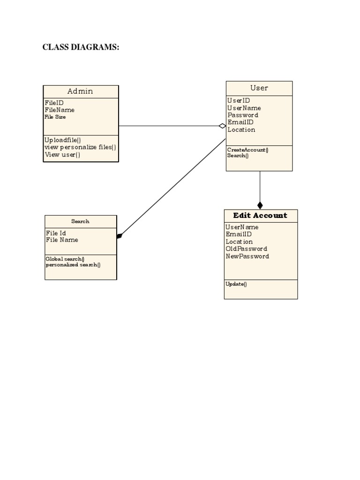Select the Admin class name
[80, 91]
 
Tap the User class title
[259, 88]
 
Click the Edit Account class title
[260, 216]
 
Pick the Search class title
[80, 221]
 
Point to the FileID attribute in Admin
[54, 103]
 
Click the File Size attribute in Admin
[55, 117]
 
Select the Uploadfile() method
[63, 140]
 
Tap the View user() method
[62, 155]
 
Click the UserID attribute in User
[239, 100]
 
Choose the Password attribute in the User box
[243, 115]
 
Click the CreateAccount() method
[247, 150]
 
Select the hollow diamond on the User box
[222, 126]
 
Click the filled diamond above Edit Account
[260, 205]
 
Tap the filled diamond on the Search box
[120, 236]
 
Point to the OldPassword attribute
[246, 249]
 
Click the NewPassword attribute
[247, 256]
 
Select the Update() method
[236, 284]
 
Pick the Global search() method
[65, 259]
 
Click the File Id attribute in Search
[56, 233]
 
